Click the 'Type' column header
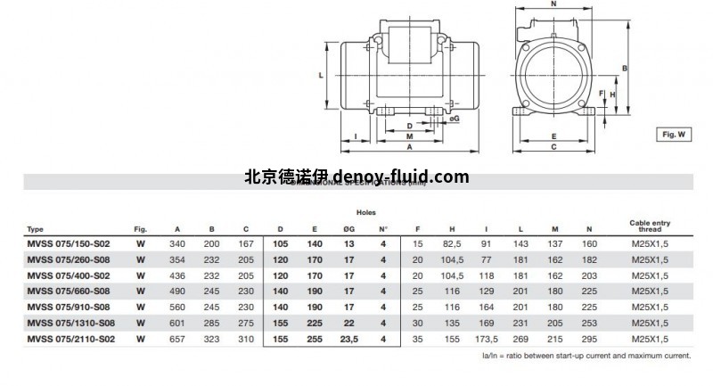36,228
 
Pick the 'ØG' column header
348,228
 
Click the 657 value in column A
177,339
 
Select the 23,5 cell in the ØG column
348,339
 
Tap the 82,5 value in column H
452,243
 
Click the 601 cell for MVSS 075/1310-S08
177,323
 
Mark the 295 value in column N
589,339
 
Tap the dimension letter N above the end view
553,4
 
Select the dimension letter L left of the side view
320,76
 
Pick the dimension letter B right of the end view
625,69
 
